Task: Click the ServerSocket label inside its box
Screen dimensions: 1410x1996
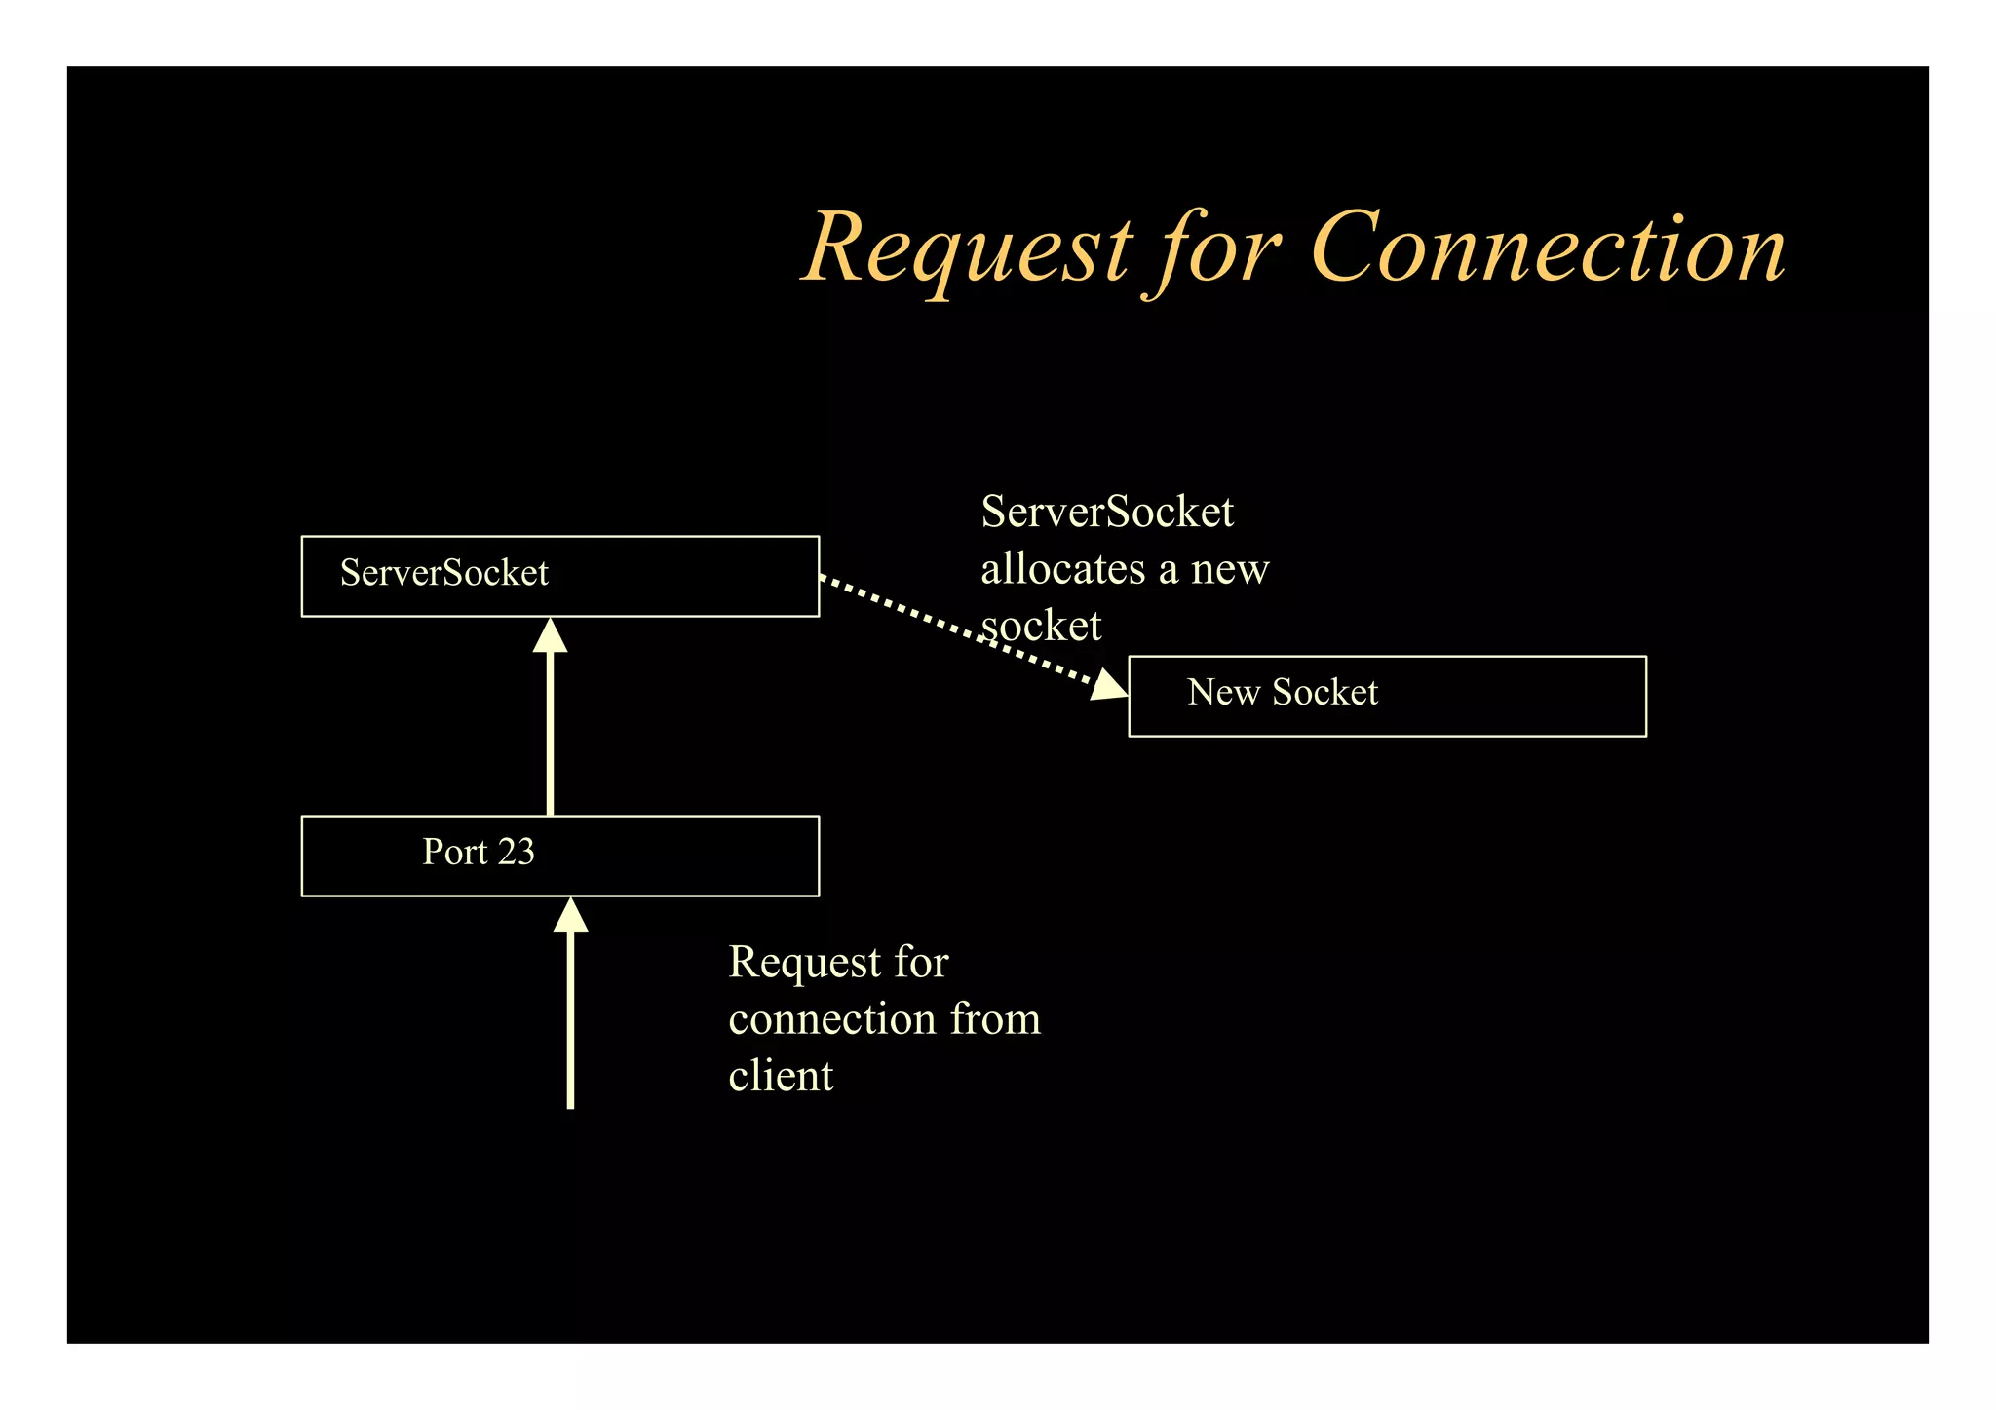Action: click(x=443, y=573)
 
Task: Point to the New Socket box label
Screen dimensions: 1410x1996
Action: click(x=1282, y=693)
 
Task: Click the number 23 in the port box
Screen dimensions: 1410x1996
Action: click(x=516, y=853)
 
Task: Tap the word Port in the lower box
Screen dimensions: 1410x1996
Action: click(x=454, y=853)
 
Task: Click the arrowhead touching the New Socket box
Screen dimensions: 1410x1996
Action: click(x=1109, y=685)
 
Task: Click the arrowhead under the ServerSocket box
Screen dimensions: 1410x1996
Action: click(x=551, y=635)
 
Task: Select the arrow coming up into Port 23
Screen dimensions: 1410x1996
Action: click(x=570, y=1023)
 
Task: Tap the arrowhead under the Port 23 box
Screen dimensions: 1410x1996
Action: click(x=570, y=916)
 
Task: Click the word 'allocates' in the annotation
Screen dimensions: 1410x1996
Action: click(x=1062, y=569)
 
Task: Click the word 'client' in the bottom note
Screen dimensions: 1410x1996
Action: click(x=781, y=1077)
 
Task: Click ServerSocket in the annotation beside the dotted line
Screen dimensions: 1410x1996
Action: click(x=1106, y=513)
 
